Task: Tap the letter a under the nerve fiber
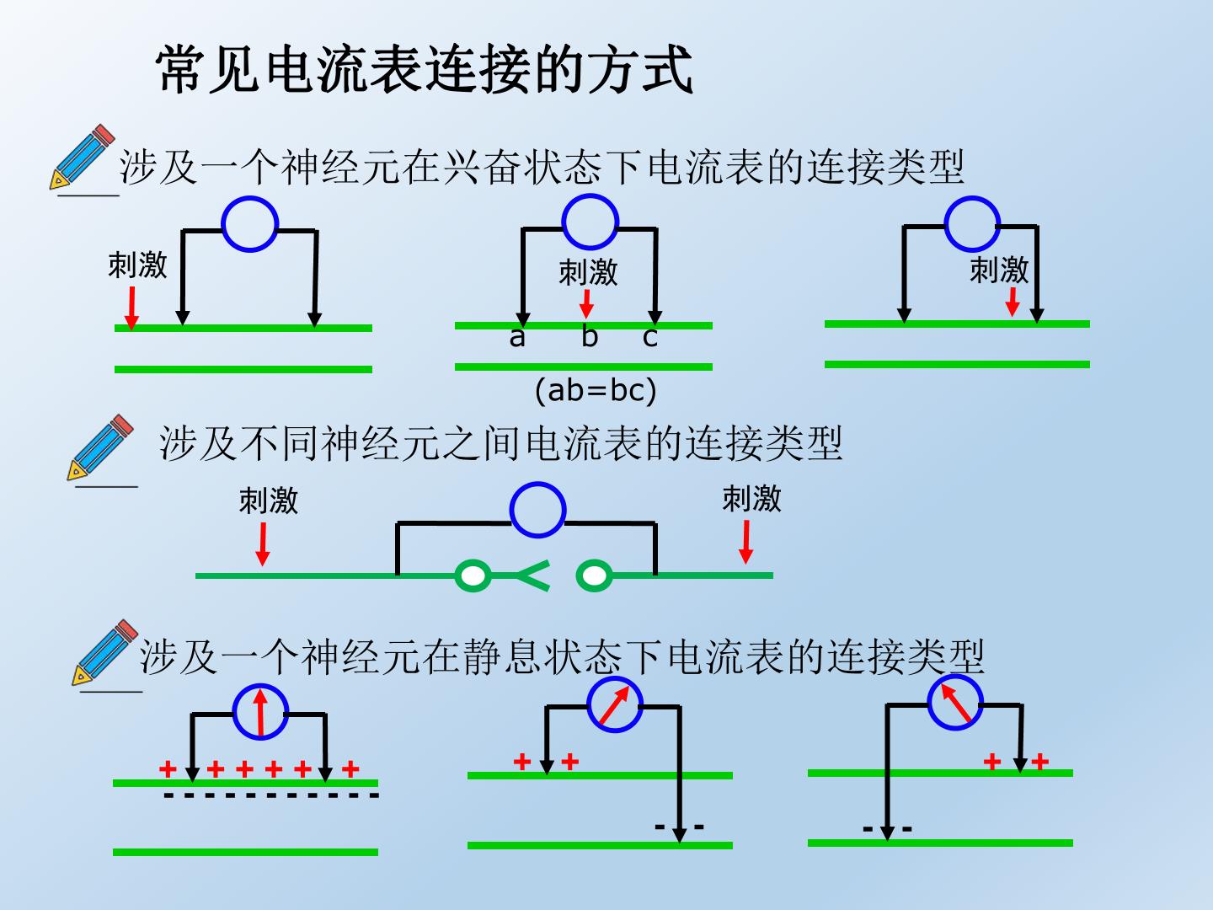click(x=516, y=337)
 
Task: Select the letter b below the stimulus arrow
click(x=590, y=335)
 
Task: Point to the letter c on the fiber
click(x=649, y=337)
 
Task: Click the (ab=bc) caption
click(x=596, y=391)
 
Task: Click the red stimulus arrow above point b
click(x=586, y=303)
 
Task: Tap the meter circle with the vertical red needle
click(x=260, y=711)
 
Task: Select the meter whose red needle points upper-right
click(x=615, y=704)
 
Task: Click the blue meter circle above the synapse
click(x=537, y=510)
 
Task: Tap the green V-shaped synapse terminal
click(x=533, y=575)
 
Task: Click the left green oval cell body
click(x=473, y=575)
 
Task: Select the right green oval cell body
click(x=594, y=575)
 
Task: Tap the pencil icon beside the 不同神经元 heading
click(x=100, y=447)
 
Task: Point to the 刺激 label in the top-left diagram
click(x=137, y=265)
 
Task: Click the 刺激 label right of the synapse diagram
click(x=751, y=498)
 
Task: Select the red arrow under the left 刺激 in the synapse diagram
click(x=263, y=544)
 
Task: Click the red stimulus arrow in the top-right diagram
click(x=1013, y=302)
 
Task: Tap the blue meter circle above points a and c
click(x=590, y=221)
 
